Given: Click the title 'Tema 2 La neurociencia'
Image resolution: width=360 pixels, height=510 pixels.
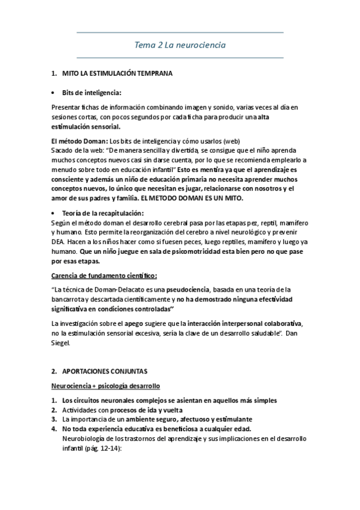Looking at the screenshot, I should tap(180, 45).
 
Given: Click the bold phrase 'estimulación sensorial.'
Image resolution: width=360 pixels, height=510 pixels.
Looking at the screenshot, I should tap(86, 127).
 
